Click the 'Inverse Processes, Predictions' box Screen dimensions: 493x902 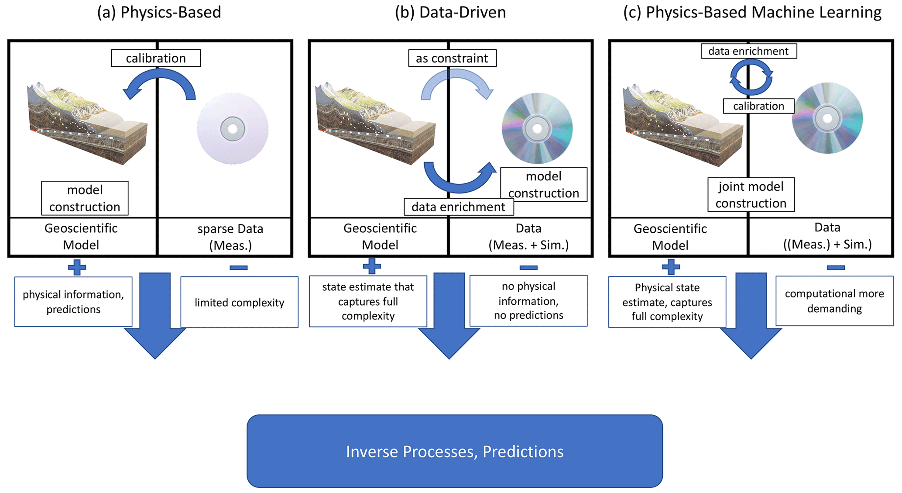tap(454, 451)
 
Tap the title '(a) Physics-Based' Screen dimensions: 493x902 tap(159, 12)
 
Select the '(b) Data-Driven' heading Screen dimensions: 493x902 tap(450, 12)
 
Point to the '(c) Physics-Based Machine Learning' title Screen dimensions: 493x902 tap(752, 12)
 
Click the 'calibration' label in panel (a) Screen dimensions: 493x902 tap(156, 58)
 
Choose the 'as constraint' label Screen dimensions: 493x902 tap(452, 58)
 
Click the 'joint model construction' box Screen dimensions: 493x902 tap(751, 195)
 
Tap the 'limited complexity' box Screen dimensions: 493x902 tap(239, 302)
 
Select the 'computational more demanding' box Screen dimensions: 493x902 tap(834, 301)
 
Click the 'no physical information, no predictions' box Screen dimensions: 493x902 tap(528, 301)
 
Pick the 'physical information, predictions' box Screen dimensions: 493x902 tap(73, 302)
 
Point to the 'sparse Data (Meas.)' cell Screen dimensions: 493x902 tap(230, 237)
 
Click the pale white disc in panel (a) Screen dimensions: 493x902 tap(233, 128)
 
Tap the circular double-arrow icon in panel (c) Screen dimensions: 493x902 tap(751, 78)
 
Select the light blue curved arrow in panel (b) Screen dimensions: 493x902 tap(456, 83)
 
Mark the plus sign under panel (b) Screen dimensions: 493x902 tap(372, 266)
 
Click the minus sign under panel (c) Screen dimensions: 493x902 tap(836, 267)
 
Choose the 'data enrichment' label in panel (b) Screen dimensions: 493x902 tap(458, 207)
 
